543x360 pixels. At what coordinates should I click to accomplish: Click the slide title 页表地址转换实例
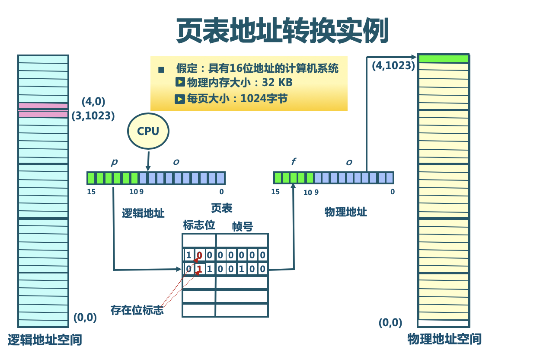pyautogui.click(x=283, y=31)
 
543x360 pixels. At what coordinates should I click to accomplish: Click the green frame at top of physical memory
pyautogui.click(x=443, y=59)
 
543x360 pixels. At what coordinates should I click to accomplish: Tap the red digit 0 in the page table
pyautogui.click(x=199, y=255)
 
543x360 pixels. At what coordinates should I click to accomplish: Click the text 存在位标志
pyautogui.click(x=137, y=310)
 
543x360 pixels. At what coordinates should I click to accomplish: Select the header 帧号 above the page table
pyautogui.click(x=242, y=226)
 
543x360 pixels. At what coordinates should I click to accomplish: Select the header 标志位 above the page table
pyautogui.click(x=199, y=225)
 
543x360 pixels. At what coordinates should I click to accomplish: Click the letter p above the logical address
pyautogui.click(x=114, y=162)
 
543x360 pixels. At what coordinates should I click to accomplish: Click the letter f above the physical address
pyautogui.click(x=294, y=162)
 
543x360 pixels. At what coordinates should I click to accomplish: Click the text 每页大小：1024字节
pyautogui.click(x=236, y=99)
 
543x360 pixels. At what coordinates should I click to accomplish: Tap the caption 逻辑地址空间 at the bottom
pyautogui.click(x=45, y=340)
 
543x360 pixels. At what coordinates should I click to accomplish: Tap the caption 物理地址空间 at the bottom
pyautogui.click(x=444, y=339)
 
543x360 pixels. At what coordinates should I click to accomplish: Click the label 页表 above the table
pyautogui.click(x=221, y=209)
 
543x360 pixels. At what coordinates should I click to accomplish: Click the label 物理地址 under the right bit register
pyautogui.click(x=345, y=212)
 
